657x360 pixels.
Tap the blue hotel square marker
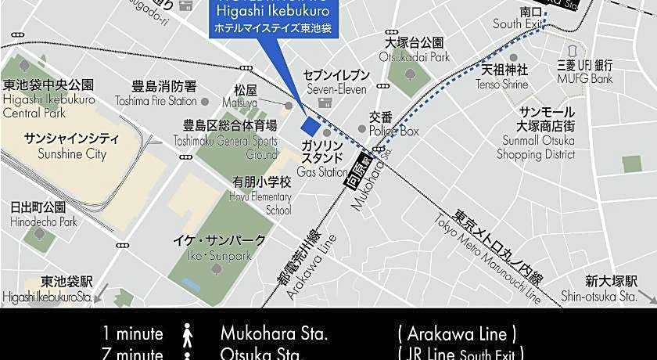click(311, 126)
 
